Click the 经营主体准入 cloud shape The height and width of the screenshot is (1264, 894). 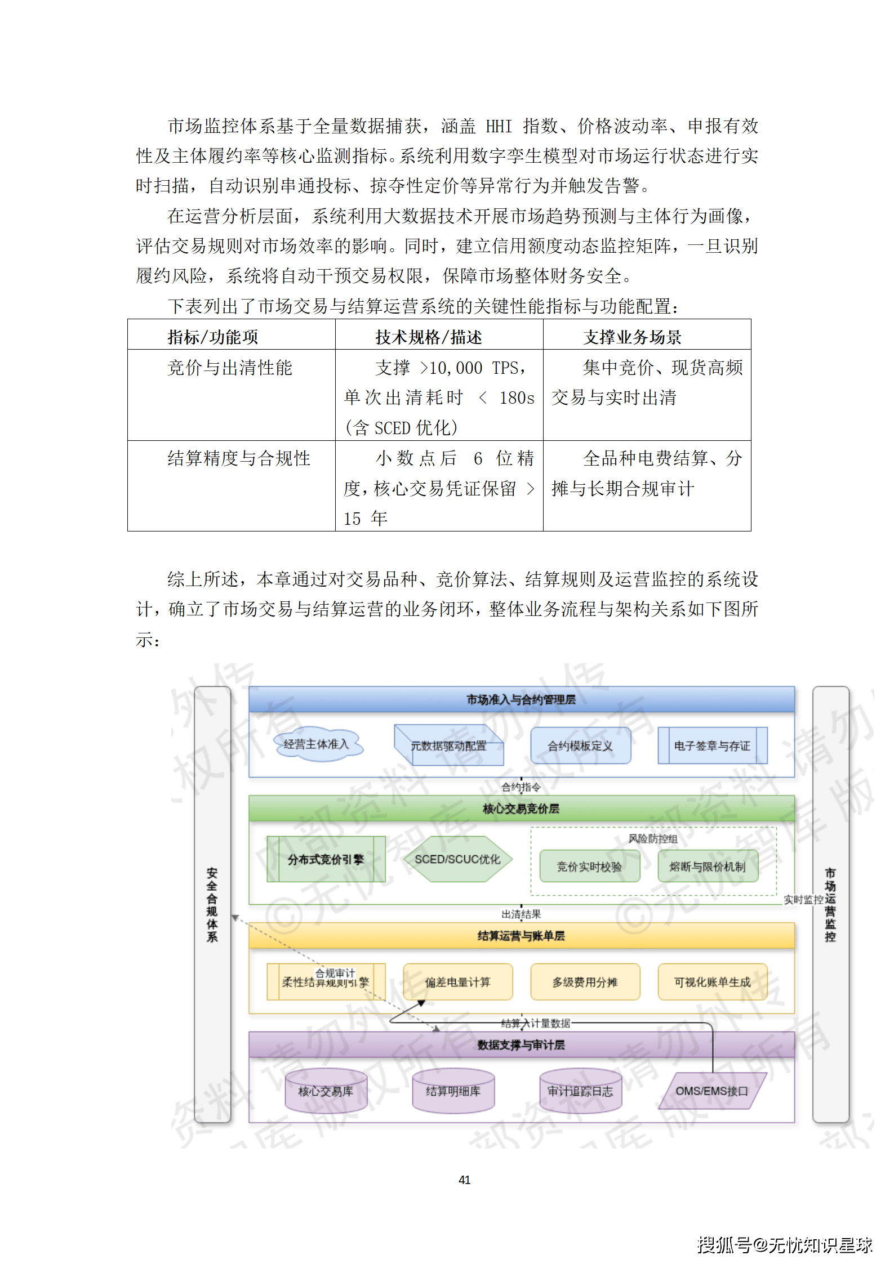click(x=317, y=744)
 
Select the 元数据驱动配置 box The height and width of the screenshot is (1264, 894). click(x=448, y=745)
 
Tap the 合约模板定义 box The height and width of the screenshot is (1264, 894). click(x=580, y=745)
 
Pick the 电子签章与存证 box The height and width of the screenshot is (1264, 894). click(x=712, y=745)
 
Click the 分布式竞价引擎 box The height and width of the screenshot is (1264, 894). click(x=326, y=859)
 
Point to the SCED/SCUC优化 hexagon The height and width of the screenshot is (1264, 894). click(x=457, y=859)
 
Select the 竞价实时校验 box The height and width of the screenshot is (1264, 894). click(x=589, y=866)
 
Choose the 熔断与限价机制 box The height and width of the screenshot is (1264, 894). click(x=708, y=866)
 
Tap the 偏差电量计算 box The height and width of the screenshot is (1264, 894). click(x=457, y=982)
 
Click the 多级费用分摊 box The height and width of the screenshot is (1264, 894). click(x=585, y=982)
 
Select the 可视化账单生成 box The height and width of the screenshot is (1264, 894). click(x=712, y=982)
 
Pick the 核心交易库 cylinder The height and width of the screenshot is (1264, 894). click(x=326, y=1091)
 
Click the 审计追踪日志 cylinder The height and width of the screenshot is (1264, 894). click(x=580, y=1091)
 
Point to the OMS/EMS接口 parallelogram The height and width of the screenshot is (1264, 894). click(x=712, y=1091)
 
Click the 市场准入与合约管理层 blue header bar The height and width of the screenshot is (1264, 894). click(x=521, y=699)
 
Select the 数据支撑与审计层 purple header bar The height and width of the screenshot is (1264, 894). click(x=521, y=1044)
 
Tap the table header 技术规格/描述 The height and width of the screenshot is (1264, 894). click(x=429, y=337)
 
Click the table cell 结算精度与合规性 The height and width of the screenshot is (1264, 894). click(x=239, y=458)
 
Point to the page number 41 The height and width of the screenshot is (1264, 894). click(x=464, y=1180)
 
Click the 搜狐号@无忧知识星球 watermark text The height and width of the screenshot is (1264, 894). click(x=784, y=1245)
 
